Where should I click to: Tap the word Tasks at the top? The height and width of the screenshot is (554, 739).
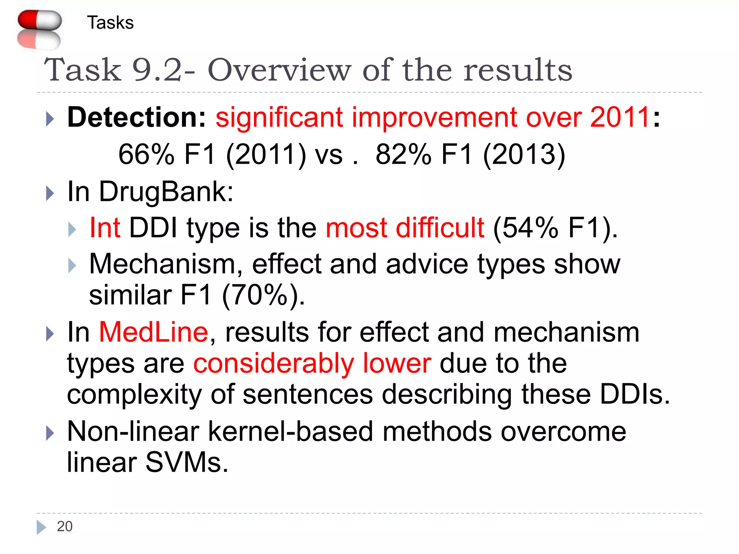pyautogui.click(x=110, y=23)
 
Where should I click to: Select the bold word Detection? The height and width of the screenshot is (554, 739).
pyautogui.click(x=136, y=118)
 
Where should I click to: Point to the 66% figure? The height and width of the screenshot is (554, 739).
pyautogui.click(x=147, y=154)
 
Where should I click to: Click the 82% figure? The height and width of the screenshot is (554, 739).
pyautogui.click(x=403, y=154)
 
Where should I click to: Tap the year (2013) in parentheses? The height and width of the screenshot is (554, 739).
pyautogui.click(x=524, y=154)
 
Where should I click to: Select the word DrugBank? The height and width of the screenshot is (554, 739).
pyautogui.click(x=166, y=192)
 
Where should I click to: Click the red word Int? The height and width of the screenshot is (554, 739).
pyautogui.click(x=105, y=228)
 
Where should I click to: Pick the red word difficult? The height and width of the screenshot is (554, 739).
pyautogui.click(x=440, y=228)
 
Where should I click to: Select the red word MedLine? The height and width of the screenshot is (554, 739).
pyautogui.click(x=153, y=332)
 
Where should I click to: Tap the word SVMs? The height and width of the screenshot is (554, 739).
pyautogui.click(x=187, y=462)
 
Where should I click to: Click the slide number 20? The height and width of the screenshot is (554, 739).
pyautogui.click(x=65, y=527)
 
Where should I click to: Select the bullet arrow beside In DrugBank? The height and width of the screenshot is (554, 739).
pyautogui.click(x=50, y=193)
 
